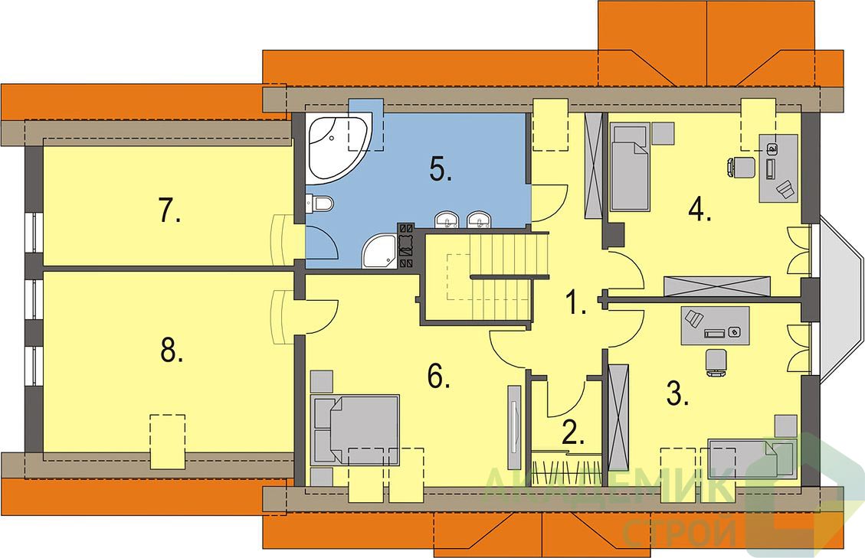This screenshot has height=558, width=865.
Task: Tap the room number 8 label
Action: [x=171, y=351]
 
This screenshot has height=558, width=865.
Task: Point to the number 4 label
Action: [x=700, y=210]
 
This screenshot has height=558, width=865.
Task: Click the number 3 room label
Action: [x=678, y=393]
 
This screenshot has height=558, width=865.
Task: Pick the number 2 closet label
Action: [x=572, y=432]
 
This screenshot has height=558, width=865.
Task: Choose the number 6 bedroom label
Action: [x=439, y=377]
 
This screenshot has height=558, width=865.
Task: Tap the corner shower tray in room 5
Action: [x=379, y=251]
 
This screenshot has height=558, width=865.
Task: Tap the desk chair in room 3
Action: [x=716, y=362]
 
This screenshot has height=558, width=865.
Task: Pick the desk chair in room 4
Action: [x=741, y=167]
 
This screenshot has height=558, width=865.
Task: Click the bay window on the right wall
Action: [x=835, y=299]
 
